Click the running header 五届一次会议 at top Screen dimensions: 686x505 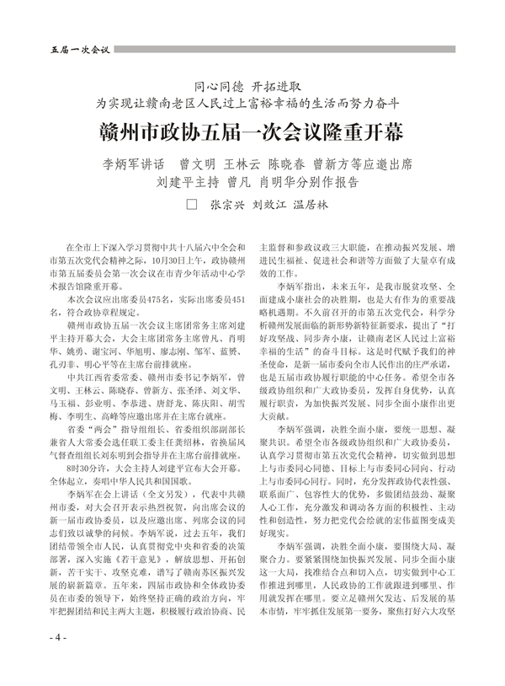tap(75, 50)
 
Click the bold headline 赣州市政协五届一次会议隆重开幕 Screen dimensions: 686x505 tap(252, 132)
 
